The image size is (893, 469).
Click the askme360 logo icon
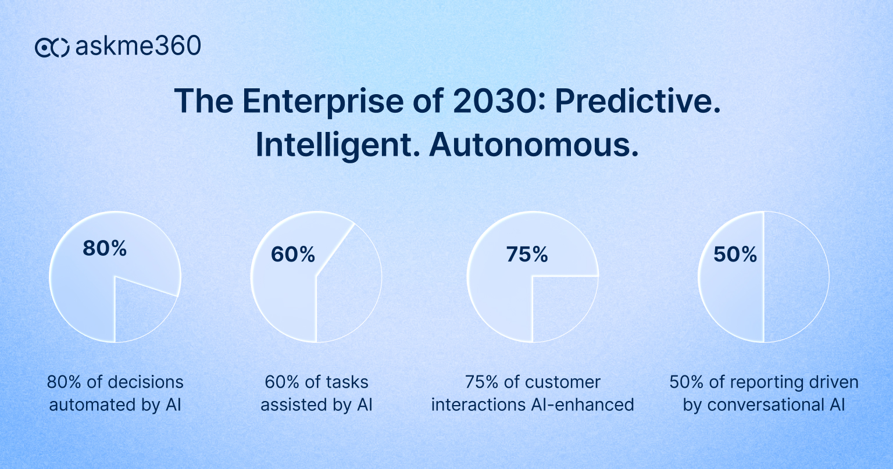(x=52, y=47)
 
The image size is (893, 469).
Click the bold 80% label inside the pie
(x=105, y=248)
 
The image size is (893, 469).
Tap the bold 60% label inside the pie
(x=293, y=255)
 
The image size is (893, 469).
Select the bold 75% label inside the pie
(x=527, y=255)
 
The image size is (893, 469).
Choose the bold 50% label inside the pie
(x=735, y=255)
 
